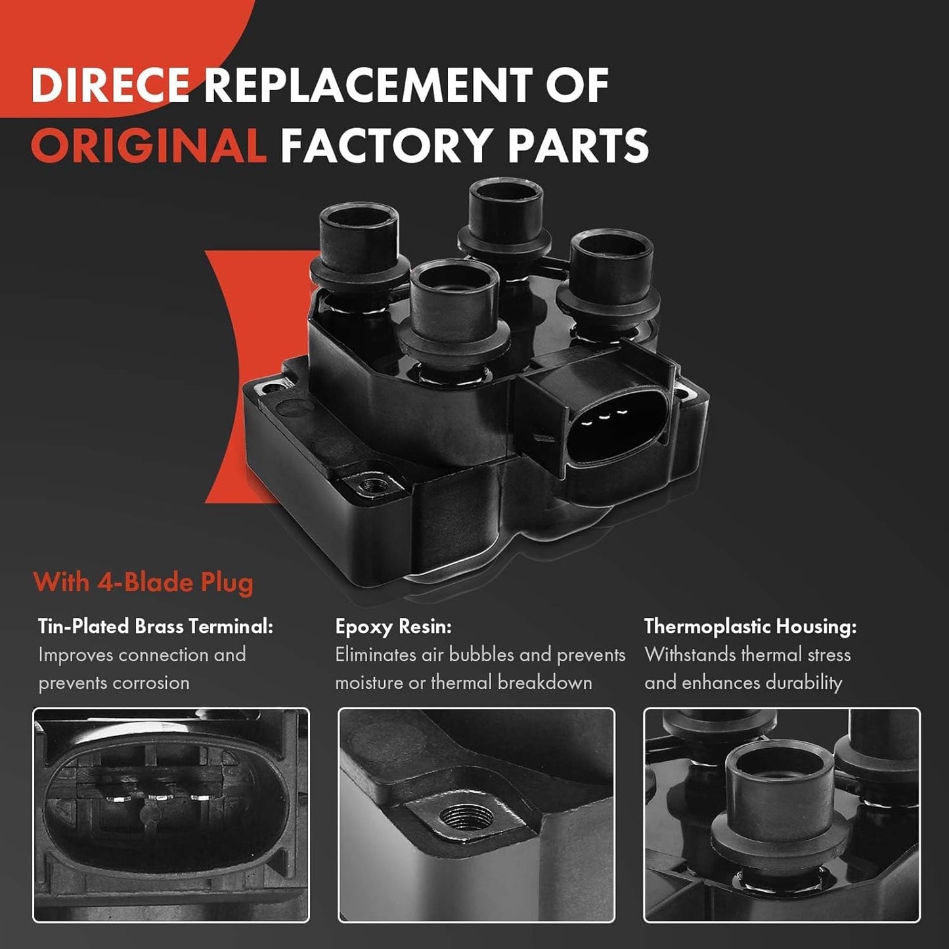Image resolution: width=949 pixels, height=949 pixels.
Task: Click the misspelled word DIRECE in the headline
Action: tap(110, 85)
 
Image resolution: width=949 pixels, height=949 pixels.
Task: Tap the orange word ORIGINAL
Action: tap(148, 144)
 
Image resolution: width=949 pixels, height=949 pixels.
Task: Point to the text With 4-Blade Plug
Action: tap(143, 583)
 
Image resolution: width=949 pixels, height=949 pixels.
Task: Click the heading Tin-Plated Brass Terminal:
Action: tap(156, 627)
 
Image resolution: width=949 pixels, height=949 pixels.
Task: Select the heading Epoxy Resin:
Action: tap(393, 627)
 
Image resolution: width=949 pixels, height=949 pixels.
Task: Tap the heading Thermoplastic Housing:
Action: tap(751, 627)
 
